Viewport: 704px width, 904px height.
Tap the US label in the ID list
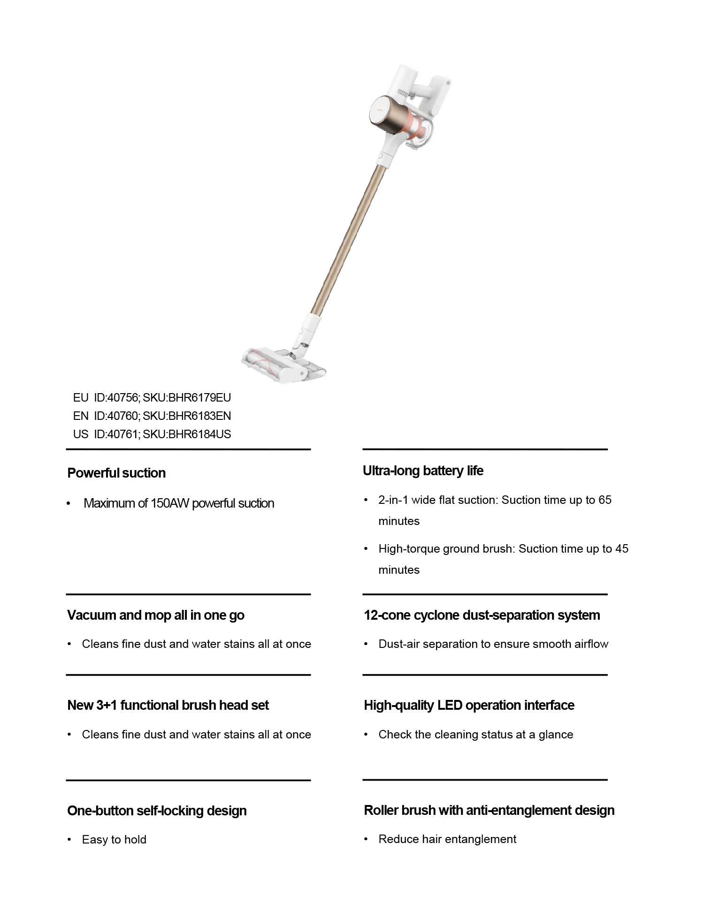coord(80,434)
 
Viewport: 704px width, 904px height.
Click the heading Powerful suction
coord(116,473)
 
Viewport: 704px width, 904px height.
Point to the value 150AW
coord(169,503)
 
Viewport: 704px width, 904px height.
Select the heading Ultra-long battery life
coord(423,471)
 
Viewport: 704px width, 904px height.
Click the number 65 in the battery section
coord(605,500)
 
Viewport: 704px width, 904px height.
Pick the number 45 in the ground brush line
coord(621,549)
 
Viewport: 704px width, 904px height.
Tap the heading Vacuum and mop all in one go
coord(155,615)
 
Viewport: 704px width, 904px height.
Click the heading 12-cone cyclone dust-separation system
coord(482,615)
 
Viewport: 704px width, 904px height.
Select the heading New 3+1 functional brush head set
coord(168,705)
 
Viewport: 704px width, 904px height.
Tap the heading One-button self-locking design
coord(157,811)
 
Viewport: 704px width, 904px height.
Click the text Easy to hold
coord(114,840)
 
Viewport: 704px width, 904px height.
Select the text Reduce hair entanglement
coord(447,839)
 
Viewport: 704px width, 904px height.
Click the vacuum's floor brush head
coord(282,364)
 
